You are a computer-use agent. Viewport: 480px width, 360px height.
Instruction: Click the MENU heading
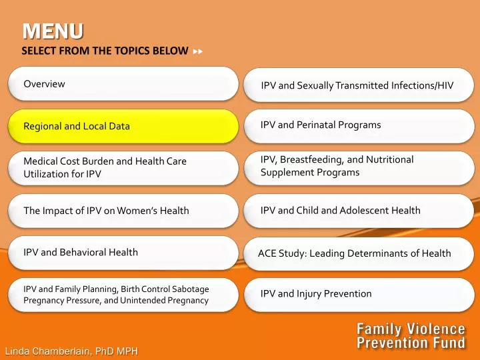tap(53, 31)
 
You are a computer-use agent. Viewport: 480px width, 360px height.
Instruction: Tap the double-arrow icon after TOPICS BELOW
tap(198, 51)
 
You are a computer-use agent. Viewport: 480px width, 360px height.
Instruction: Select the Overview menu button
tap(123, 84)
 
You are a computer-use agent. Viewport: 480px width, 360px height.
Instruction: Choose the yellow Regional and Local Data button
tap(123, 126)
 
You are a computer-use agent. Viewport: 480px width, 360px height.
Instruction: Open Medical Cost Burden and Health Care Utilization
tap(123, 168)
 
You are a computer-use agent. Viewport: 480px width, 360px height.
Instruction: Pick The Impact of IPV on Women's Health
tap(123, 211)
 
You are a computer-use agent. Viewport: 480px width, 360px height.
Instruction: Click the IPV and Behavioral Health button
tap(123, 253)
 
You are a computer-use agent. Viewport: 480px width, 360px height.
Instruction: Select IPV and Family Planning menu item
tap(123, 295)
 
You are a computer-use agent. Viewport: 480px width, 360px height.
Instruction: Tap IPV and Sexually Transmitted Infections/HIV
tap(359, 85)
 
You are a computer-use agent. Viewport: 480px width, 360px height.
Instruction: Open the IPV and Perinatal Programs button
tap(359, 126)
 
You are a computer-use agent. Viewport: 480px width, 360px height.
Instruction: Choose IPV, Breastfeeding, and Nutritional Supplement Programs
tap(359, 168)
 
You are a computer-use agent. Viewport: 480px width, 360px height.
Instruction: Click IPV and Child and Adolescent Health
tap(359, 211)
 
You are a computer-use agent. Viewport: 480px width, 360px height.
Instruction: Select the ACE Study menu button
tap(359, 253)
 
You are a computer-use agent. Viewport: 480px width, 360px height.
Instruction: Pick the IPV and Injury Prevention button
tap(359, 295)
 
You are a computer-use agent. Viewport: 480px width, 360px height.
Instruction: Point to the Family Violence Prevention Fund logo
tap(411, 336)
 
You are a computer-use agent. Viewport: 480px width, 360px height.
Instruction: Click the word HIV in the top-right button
tap(445, 85)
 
